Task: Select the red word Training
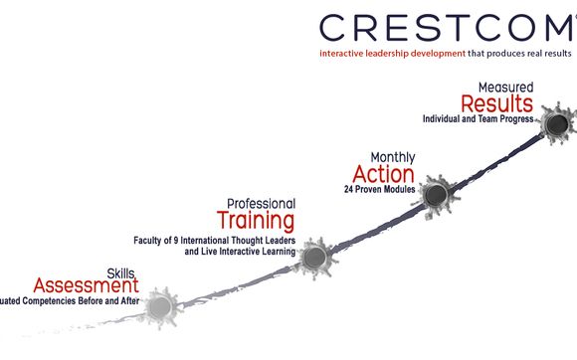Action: (256, 219)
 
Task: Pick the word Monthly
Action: (393, 157)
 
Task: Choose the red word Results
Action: (496, 103)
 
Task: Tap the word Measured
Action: (506, 87)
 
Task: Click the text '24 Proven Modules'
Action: (380, 189)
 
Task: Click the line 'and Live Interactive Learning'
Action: (240, 253)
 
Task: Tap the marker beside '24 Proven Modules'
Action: (435, 193)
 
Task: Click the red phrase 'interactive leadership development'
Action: (380, 52)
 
